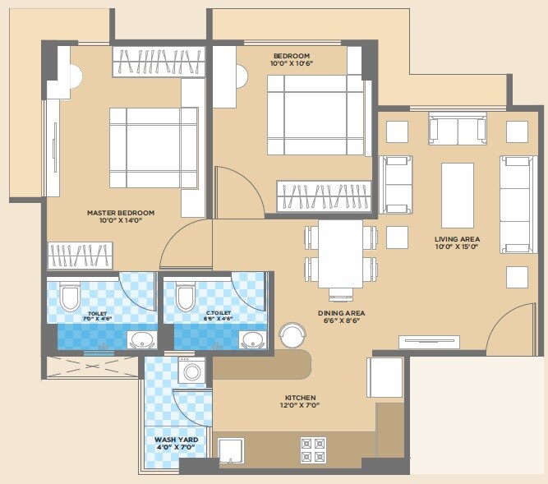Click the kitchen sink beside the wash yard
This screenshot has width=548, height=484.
(230, 450)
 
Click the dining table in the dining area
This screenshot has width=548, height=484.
(341, 253)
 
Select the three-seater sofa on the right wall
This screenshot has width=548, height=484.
(516, 203)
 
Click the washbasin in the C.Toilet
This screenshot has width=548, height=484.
(251, 339)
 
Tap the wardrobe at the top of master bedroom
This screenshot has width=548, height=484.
(159, 62)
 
